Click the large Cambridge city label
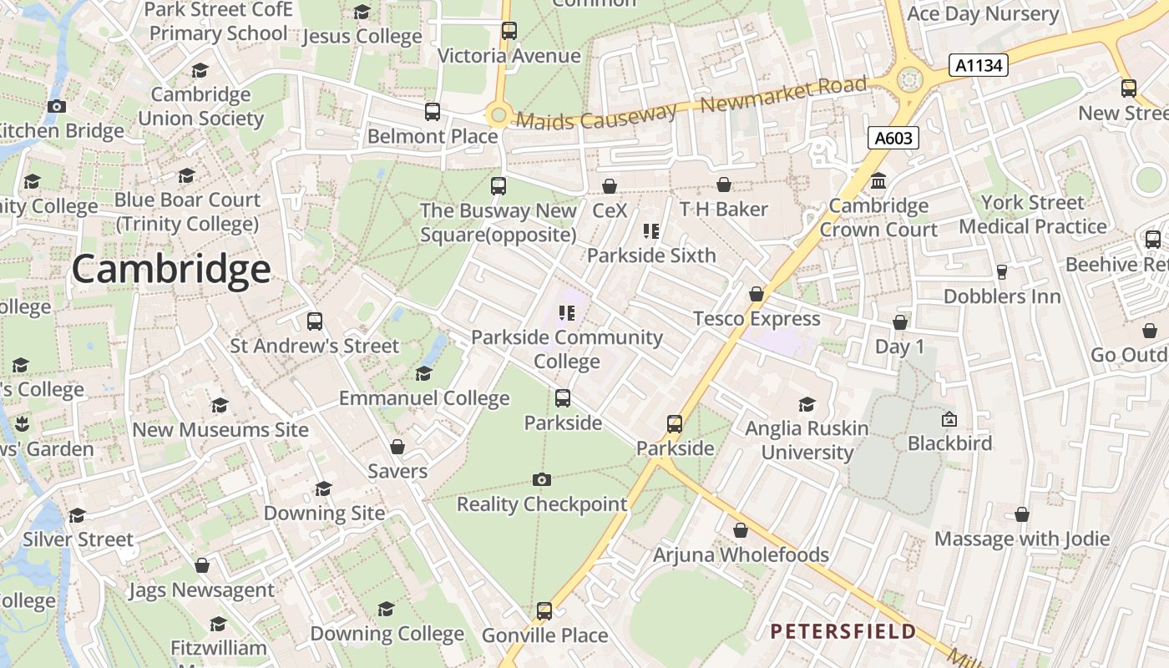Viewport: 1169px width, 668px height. click(x=170, y=270)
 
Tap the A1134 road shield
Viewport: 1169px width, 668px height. click(x=979, y=65)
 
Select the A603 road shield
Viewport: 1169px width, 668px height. click(x=893, y=138)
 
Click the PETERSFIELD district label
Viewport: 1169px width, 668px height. click(x=843, y=631)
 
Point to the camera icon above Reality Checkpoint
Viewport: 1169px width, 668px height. click(x=542, y=479)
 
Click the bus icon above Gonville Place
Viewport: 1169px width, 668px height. click(x=544, y=611)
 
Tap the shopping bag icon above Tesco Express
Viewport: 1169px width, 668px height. click(x=757, y=294)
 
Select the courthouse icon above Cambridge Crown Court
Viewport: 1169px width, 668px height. click(x=878, y=181)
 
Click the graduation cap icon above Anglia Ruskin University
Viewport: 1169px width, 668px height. click(x=807, y=404)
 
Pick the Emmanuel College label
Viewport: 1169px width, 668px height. click(x=424, y=398)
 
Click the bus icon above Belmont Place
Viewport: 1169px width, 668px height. click(x=433, y=112)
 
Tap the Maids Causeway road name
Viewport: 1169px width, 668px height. click(x=596, y=117)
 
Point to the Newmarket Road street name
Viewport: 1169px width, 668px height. click(x=784, y=94)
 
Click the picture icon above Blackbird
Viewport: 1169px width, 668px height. click(x=949, y=419)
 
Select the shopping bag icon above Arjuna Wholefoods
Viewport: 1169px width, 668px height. click(x=741, y=530)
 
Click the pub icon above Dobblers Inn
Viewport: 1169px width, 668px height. click(x=1002, y=272)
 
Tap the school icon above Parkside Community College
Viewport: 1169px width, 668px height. click(x=567, y=313)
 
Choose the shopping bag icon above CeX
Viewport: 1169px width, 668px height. click(x=610, y=185)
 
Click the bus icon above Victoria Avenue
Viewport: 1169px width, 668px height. click(x=509, y=31)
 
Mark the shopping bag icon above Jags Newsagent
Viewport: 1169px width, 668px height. click(x=201, y=566)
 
